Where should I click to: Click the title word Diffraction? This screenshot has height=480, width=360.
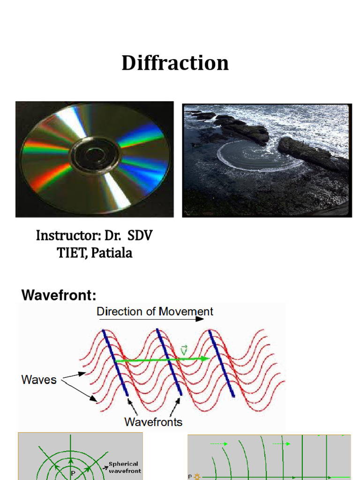tap(175, 63)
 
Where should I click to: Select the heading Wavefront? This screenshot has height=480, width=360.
tap(59, 296)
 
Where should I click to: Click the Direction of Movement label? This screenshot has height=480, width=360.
tap(155, 311)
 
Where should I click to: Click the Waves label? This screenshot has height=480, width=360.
tap(39, 379)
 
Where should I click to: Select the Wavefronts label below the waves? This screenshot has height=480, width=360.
tap(153, 422)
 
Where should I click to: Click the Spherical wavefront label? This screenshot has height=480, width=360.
tap(125, 467)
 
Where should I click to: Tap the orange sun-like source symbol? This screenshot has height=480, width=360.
tap(197, 477)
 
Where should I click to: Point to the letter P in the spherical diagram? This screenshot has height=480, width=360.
tap(73, 474)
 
